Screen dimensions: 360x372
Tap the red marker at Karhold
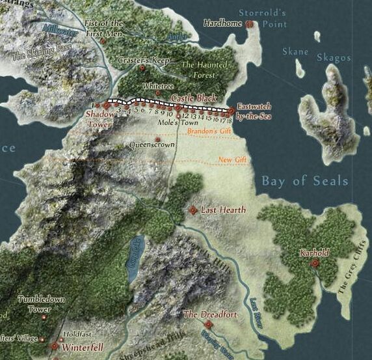[x=315, y=263]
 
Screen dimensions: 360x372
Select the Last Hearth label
[x=223, y=210]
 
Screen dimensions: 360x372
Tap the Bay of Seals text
[x=304, y=180]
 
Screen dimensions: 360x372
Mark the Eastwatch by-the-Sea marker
[x=231, y=110]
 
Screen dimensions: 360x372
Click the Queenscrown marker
[x=158, y=139]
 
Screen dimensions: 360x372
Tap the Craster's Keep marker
[x=142, y=67]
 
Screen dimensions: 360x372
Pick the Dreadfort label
[x=209, y=314]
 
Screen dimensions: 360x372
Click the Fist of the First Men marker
[x=103, y=40]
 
